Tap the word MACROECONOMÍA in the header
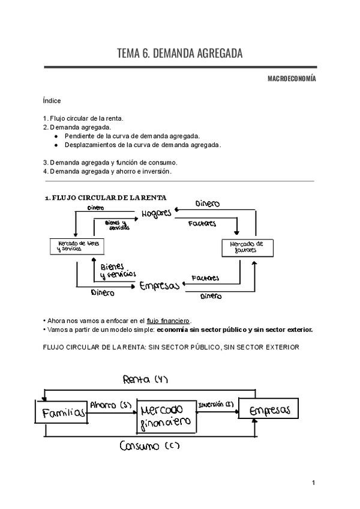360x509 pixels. pos(292,79)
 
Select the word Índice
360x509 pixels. pos(52,101)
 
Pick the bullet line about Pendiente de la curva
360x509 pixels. pos(132,136)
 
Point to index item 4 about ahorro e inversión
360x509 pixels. pos(107,171)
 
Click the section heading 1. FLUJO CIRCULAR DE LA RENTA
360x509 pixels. pos(106,197)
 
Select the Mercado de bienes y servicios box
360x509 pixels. pos(74,246)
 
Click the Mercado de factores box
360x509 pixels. pos(247,246)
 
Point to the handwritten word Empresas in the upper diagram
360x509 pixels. pos(159,286)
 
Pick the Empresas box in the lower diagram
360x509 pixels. pos(268,411)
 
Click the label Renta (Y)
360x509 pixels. pos(146,379)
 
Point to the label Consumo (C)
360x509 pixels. pos(149,446)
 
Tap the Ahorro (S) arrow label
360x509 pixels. pos(111,405)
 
